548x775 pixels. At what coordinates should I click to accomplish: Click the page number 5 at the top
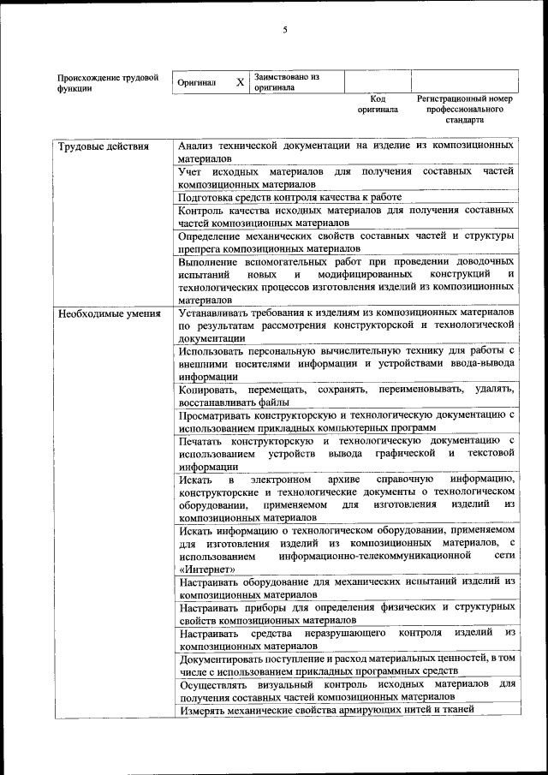click(285, 31)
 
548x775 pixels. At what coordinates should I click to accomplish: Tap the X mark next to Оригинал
click(240, 82)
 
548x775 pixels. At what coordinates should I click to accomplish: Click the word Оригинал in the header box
click(196, 82)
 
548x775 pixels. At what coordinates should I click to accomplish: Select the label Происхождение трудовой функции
click(108, 82)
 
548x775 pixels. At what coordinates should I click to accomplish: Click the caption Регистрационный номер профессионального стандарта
click(464, 109)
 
